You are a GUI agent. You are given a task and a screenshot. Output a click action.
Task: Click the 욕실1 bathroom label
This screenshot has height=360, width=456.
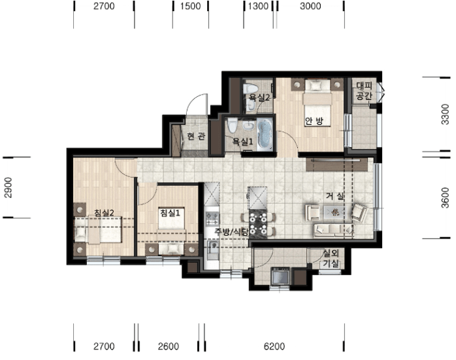click(242, 142)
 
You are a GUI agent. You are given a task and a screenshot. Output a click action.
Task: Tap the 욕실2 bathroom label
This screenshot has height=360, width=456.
click(259, 97)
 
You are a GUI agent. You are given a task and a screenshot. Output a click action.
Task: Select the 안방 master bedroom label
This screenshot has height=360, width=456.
click(314, 121)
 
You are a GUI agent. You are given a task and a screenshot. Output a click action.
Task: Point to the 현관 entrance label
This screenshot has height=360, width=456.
click(196, 136)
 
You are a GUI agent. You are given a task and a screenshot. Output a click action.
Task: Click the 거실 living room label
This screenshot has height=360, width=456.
click(335, 196)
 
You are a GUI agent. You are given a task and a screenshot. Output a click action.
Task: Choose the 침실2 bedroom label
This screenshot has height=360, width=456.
click(104, 212)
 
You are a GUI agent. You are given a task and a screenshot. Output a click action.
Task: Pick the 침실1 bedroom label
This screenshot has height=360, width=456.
click(170, 212)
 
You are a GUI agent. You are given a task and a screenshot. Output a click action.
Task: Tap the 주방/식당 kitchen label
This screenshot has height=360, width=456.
click(232, 232)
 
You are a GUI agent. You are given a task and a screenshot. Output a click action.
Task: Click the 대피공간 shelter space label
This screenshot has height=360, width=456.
click(364, 90)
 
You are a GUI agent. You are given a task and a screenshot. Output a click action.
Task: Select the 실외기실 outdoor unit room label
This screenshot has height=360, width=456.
click(331, 259)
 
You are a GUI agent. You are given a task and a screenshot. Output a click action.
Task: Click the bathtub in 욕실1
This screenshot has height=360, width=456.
click(265, 134)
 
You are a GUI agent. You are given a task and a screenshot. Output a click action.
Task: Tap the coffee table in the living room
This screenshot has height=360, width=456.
click(335, 212)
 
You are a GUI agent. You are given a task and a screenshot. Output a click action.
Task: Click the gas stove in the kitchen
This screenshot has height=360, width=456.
click(212, 219)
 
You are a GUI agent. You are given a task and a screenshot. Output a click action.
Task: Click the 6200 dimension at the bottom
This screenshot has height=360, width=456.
click(274, 346)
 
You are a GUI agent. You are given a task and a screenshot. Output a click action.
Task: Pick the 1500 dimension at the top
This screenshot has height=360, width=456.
click(190, 6)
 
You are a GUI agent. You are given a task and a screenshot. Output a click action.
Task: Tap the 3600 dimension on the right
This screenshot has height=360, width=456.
click(445, 198)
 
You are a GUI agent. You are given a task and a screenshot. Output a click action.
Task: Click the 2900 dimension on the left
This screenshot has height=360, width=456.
click(8, 188)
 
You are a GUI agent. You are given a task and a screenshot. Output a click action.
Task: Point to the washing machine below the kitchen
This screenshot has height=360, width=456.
click(280, 276)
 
